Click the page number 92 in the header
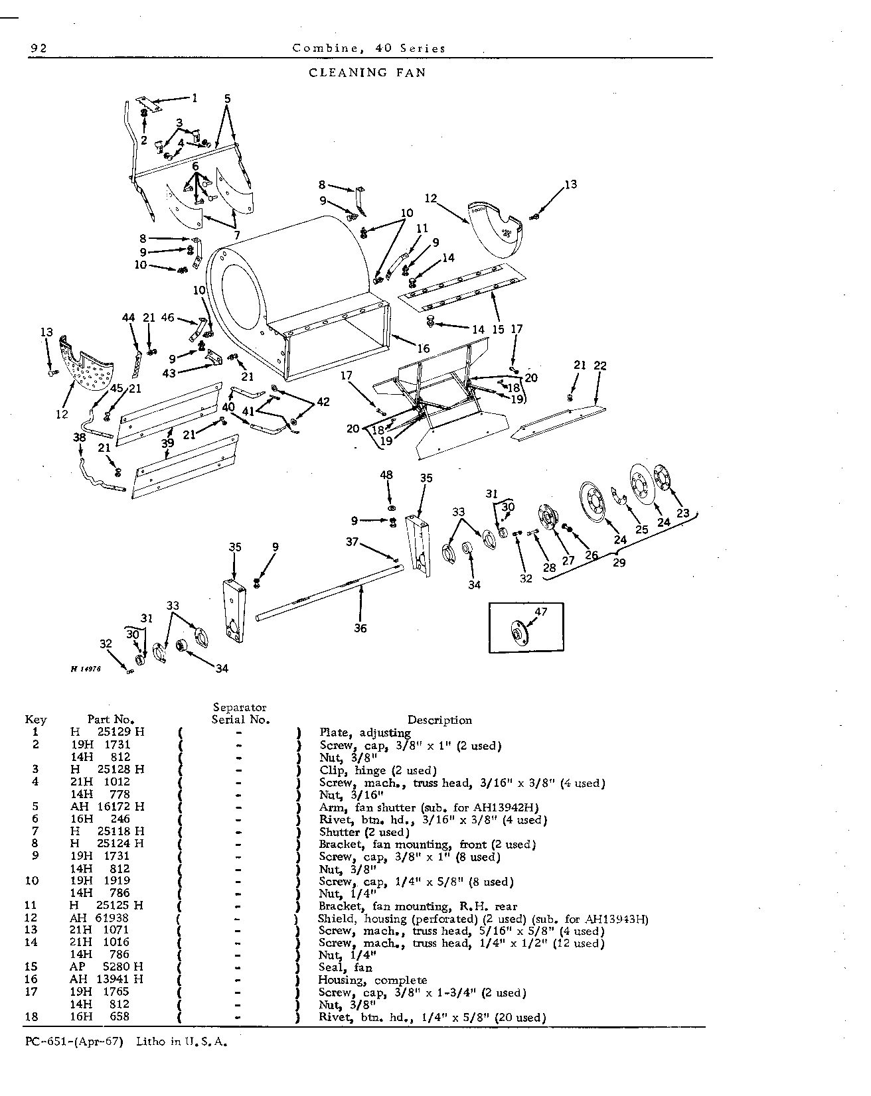click(x=37, y=48)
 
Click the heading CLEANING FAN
click(x=368, y=72)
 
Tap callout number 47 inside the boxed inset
click(x=541, y=612)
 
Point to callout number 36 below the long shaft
click(x=360, y=628)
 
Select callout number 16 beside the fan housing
click(x=424, y=348)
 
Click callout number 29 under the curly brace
click(x=619, y=563)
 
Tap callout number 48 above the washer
click(x=386, y=475)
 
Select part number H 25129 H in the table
click(x=108, y=732)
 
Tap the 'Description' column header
click(x=439, y=720)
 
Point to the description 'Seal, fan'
click(x=345, y=968)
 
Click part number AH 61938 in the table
click(x=100, y=918)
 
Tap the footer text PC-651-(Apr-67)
click(x=74, y=1041)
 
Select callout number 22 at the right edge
click(x=600, y=366)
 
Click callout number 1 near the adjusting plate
click(x=195, y=98)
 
